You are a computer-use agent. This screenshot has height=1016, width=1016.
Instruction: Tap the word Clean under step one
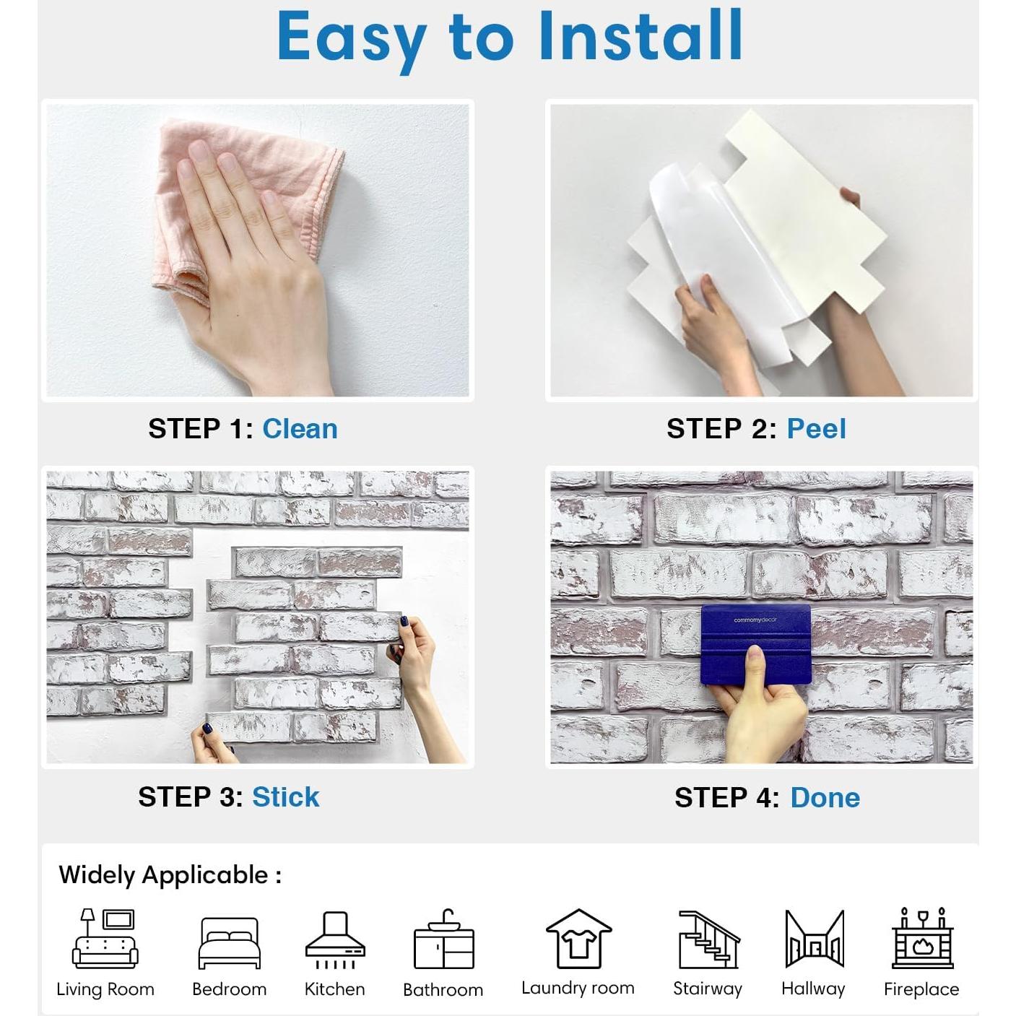300,429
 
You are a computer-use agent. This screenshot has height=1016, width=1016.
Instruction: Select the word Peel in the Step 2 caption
816,429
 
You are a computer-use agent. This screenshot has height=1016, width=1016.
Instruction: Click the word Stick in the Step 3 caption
285,797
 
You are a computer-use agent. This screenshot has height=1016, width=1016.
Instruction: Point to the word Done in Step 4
825,798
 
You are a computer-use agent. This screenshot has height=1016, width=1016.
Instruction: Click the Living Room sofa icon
105,939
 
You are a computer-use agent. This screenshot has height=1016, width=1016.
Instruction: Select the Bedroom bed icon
229,943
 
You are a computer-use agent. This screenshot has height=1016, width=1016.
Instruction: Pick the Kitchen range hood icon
335,939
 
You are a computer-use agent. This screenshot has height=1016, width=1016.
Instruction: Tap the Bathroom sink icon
443,940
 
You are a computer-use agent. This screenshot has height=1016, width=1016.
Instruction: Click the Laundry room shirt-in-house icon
578,939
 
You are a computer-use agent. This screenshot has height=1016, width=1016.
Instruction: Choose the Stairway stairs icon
708,939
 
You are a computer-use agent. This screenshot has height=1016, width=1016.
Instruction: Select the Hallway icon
814,939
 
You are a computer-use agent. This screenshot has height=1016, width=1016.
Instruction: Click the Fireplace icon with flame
922,939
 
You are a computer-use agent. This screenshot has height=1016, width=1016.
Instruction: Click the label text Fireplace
921,989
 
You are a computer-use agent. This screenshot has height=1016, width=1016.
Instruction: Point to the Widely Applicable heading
170,875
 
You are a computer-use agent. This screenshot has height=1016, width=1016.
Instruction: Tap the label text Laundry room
578,988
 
